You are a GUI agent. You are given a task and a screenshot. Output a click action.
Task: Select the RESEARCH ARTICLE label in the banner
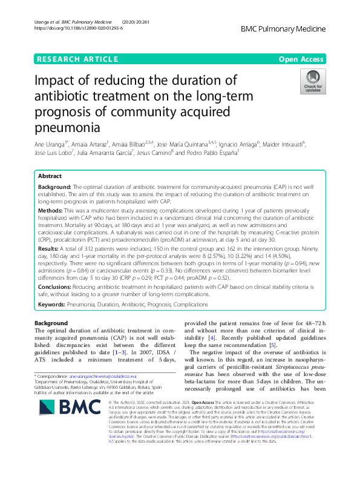pyautogui.click(x=77, y=59)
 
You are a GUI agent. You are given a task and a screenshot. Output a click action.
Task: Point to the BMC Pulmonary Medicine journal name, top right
pyautogui.click(x=283, y=28)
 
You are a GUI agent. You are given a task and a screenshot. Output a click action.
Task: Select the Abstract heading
pyautogui.click(x=50, y=158)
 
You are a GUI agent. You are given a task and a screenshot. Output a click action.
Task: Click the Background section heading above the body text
pyautogui.click(x=51, y=323)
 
